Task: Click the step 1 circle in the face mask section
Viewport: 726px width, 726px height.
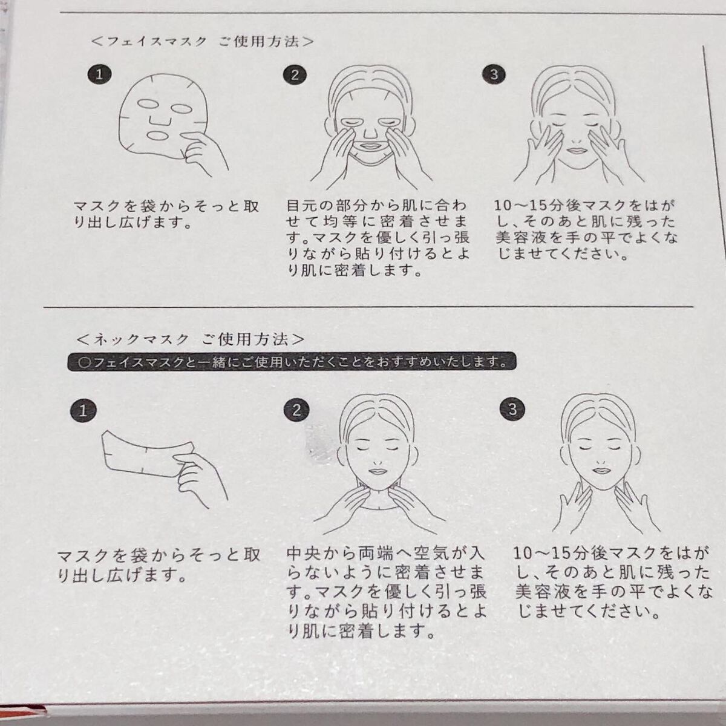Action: (x=99, y=74)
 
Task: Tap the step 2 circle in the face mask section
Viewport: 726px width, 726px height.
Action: (x=295, y=75)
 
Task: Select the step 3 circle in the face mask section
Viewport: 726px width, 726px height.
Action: (x=494, y=74)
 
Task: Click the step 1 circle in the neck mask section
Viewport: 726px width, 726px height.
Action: (x=83, y=410)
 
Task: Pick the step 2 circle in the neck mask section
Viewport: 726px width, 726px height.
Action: (x=296, y=410)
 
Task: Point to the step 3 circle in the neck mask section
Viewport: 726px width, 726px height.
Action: (x=512, y=410)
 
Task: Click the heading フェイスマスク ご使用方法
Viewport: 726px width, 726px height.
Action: (x=202, y=41)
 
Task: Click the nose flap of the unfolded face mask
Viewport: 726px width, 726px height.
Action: (x=159, y=121)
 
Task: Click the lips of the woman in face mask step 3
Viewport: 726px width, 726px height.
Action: (x=575, y=149)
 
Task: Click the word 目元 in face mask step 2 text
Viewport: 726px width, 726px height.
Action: (x=301, y=206)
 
